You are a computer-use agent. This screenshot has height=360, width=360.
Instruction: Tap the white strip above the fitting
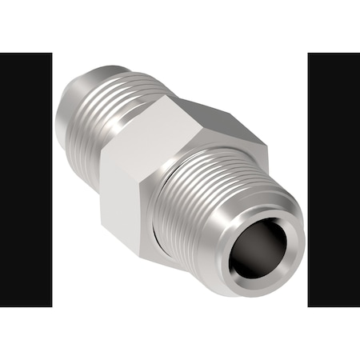180,28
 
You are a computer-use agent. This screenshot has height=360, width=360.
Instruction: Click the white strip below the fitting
180,332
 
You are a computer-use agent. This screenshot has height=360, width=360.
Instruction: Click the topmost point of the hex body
172,95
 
